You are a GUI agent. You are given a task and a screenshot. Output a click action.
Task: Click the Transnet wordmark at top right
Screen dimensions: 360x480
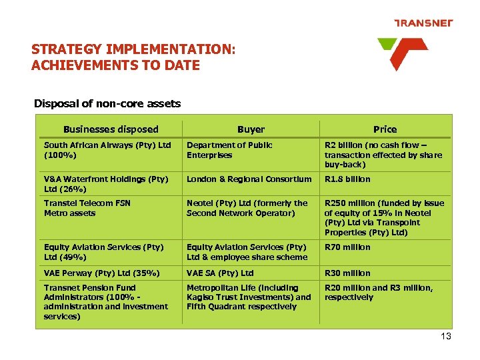pos(423,23)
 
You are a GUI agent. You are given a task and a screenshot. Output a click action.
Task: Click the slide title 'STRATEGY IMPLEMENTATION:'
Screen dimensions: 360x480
pos(133,50)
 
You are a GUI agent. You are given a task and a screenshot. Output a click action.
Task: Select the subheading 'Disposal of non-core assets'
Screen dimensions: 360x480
pos(107,103)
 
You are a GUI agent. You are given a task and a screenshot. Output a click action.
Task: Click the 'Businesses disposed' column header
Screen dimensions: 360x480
pos(111,129)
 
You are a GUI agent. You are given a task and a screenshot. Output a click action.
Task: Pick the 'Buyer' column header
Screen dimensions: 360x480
pos(251,129)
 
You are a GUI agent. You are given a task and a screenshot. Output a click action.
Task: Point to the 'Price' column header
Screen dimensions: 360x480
pos(385,129)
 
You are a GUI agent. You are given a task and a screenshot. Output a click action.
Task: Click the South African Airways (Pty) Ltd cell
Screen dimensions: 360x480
pos(107,150)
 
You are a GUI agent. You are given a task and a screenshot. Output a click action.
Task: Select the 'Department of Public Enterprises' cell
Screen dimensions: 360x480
pos(229,150)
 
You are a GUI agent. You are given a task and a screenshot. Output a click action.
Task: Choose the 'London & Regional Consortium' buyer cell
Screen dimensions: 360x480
pos(249,179)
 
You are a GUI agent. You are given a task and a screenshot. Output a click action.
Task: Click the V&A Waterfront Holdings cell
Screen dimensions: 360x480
pos(105,183)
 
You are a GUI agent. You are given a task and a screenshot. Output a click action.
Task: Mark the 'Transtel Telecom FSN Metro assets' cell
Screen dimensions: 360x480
pos(87,208)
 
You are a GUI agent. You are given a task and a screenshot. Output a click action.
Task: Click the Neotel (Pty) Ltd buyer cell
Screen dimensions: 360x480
pos(247,208)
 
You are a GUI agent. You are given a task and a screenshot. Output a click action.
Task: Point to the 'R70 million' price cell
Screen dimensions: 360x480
pos(347,247)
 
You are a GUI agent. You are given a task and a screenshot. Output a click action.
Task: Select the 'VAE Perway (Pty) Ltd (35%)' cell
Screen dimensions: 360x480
pos(101,273)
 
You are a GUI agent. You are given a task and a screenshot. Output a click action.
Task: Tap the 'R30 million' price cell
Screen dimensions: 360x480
pos(347,273)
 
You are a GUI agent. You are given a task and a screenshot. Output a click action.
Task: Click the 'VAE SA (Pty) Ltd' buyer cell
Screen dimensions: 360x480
pos(220,273)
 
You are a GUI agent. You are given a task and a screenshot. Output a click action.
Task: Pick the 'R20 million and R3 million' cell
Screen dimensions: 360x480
pos(378,293)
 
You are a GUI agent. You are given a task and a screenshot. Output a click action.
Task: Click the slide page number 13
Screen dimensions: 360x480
pos(446,337)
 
